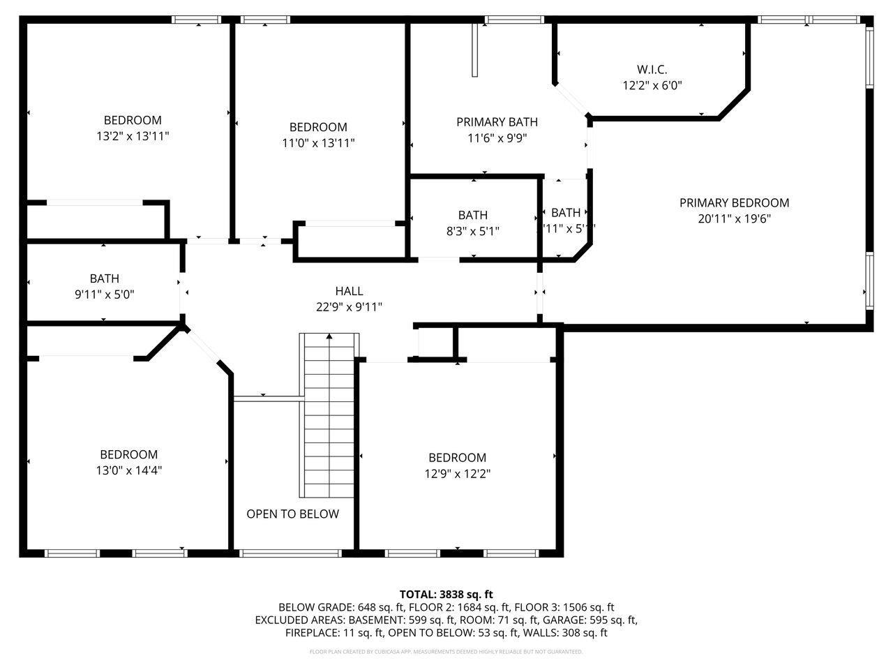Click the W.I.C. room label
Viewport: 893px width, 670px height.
(652, 70)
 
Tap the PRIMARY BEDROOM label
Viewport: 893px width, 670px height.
(734, 203)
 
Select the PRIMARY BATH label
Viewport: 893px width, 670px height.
(497, 122)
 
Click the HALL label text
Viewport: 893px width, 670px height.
(349, 291)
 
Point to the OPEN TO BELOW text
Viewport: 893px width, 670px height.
(292, 514)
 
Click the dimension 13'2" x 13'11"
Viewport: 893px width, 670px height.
(133, 136)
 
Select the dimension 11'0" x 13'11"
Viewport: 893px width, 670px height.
(318, 143)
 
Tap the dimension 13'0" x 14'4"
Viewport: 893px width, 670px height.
(128, 470)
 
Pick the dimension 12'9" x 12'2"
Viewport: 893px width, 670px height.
(457, 474)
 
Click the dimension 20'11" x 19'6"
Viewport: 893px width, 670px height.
(734, 218)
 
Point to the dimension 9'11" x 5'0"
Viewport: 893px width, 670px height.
(104, 295)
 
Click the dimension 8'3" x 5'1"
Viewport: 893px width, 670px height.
(472, 230)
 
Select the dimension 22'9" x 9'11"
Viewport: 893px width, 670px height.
(349, 306)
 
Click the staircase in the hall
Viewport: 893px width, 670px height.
(329, 415)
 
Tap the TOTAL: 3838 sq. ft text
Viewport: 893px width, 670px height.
(446, 595)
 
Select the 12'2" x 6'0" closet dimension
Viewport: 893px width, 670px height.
(652, 86)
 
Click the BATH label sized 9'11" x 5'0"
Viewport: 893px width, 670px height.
(104, 279)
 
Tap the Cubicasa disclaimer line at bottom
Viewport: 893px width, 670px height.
(446, 652)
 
